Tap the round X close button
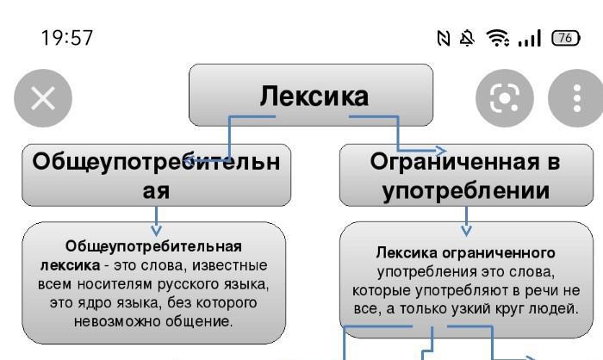coord(43,98)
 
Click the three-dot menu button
coord(575,98)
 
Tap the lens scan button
coord(505,98)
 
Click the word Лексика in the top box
coord(314,96)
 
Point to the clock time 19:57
coord(67,38)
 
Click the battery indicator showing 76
coord(566,38)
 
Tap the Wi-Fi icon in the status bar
coord(498,38)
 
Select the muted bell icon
coord(467,38)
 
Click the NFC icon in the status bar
coord(444,38)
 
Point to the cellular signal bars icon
coord(530,38)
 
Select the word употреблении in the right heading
coord(466,191)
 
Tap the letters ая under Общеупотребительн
coord(156,191)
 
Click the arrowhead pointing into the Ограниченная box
coord(441,151)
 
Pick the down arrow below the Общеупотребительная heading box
coord(156,221)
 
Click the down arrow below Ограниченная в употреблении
coord(467,221)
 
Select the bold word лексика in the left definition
coord(71,265)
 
